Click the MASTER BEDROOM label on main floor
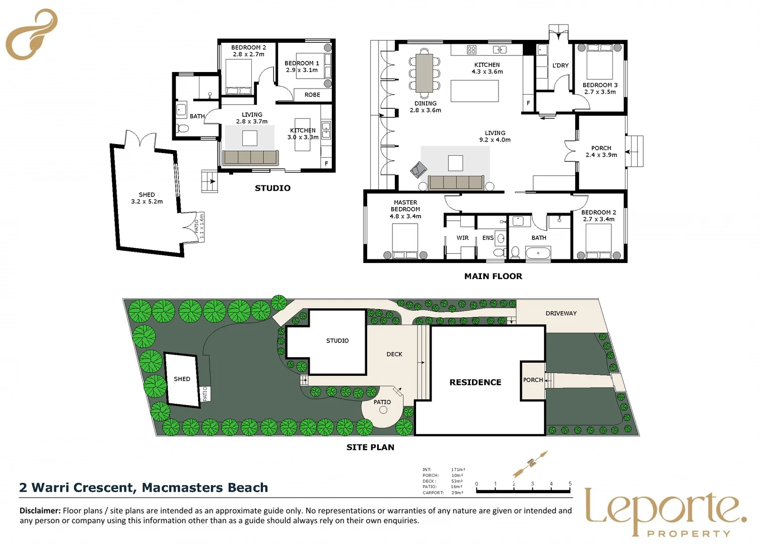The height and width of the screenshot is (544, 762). click(405, 209)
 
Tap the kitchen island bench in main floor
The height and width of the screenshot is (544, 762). click(474, 91)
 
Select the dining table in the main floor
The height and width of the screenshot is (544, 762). click(425, 73)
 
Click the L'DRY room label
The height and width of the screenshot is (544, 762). click(560, 65)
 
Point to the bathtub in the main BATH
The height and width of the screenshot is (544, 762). click(538, 253)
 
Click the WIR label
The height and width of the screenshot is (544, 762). click(462, 238)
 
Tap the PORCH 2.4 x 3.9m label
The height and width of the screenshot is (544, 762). click(601, 152)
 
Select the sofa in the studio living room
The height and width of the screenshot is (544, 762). click(250, 158)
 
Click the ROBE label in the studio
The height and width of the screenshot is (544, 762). click(312, 95)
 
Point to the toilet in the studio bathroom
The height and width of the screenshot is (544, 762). click(183, 128)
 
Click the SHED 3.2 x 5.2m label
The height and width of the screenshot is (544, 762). click(147, 198)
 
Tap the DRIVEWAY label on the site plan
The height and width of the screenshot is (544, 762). click(561, 313)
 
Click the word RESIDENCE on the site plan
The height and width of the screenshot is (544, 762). click(475, 382)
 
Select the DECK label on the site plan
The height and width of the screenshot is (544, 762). click(394, 354)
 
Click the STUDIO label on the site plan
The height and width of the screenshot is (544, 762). click(337, 341)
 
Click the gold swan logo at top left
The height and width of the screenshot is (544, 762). click(31, 34)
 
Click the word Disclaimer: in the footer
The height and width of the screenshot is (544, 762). click(40, 510)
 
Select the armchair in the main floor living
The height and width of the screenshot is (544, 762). click(418, 170)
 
